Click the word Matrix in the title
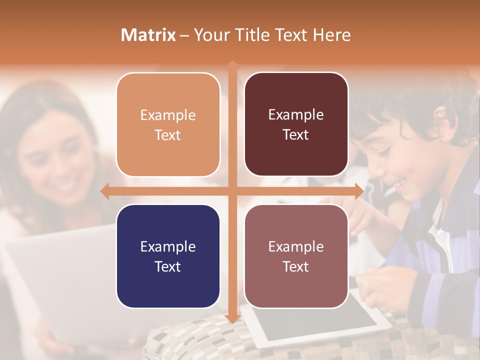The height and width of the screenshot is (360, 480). [148, 35]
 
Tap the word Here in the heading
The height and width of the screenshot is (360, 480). [331, 35]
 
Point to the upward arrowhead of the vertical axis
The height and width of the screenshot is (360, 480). [232, 64]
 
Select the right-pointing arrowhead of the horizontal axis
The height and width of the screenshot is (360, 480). [358, 191]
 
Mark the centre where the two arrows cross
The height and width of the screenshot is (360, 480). [232, 191]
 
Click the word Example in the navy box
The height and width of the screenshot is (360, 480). [168, 247]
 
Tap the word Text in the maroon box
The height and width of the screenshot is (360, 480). [296, 135]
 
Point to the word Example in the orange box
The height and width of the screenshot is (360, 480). [168, 115]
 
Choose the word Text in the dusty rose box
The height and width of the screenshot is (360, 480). [296, 267]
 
